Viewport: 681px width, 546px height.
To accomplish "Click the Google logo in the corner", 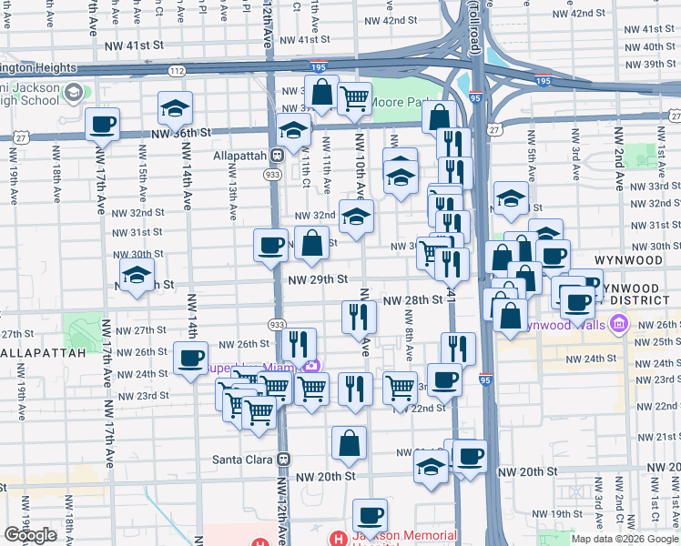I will pos(30,535).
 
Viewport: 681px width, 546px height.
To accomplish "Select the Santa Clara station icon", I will pos(283,460).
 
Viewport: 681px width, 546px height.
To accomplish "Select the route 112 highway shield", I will pos(178,70).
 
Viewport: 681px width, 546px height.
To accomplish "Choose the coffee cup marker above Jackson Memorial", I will pos(370,515).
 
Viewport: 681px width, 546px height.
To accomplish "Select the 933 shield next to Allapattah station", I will pos(272,173).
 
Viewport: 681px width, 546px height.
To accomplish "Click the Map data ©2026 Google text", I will pos(624,539).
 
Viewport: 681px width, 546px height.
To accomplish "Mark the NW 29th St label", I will pos(318,279).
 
